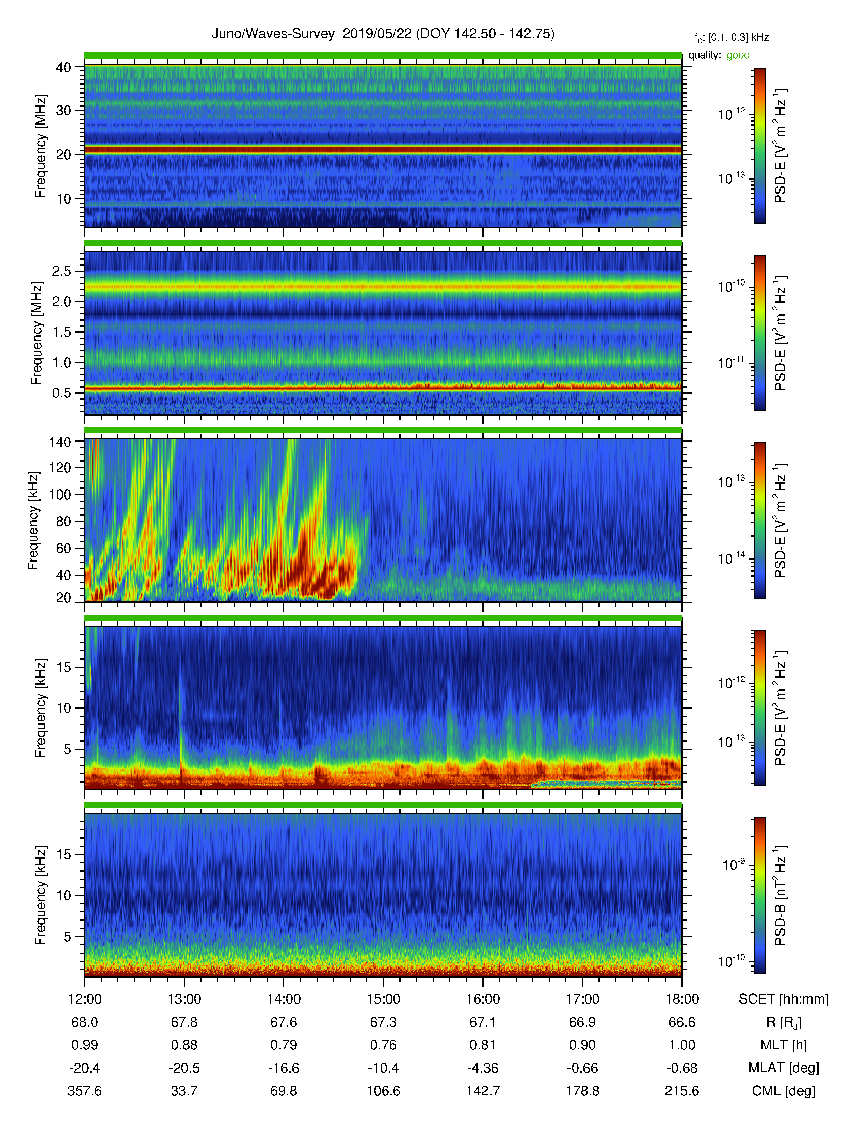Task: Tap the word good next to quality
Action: [x=738, y=55]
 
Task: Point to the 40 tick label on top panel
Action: [x=63, y=67]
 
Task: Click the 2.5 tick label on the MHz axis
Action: [x=62, y=271]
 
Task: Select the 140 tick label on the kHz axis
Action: [x=60, y=442]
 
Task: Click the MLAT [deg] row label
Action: [x=784, y=1068]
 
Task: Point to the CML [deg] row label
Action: [x=784, y=1091]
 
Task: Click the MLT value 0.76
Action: [x=383, y=1045]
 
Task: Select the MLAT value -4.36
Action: [x=483, y=1068]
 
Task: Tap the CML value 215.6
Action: [x=682, y=1091]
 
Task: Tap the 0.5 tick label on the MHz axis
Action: [x=62, y=393]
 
